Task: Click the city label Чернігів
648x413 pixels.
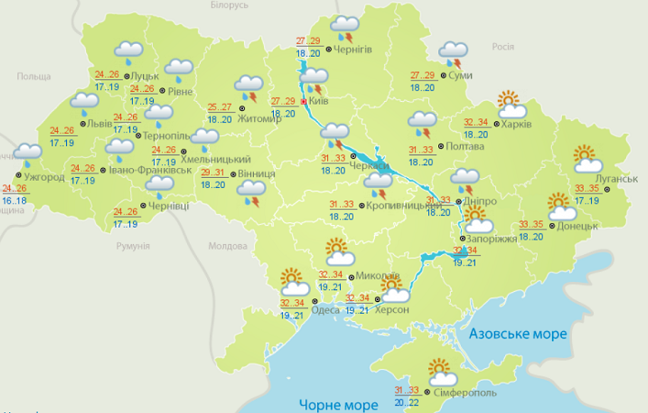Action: coord(354,49)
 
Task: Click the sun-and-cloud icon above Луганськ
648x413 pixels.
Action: coord(586,159)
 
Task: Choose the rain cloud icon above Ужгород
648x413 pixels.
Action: coord(28,153)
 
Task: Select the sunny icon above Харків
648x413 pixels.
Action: coord(510,101)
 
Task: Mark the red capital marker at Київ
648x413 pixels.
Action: coord(304,101)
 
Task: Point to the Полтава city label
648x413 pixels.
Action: coord(466,145)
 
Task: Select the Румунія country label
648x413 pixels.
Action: coord(133,246)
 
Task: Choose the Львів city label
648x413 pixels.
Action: coord(100,123)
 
